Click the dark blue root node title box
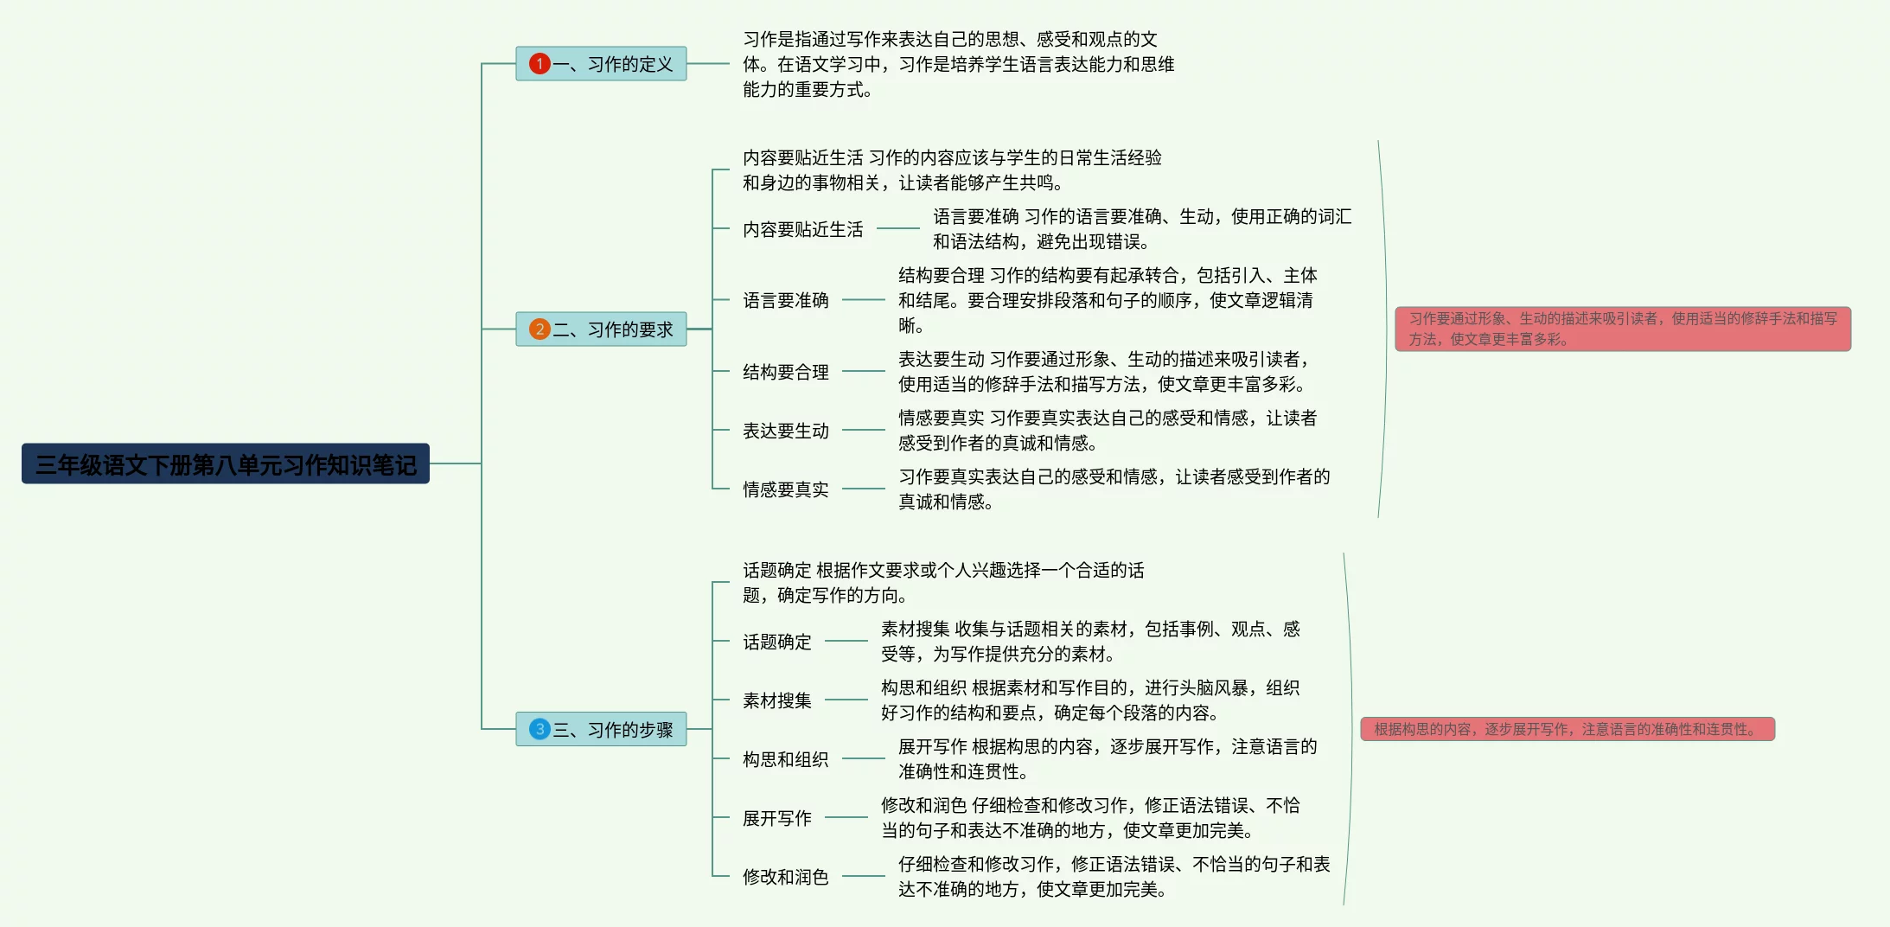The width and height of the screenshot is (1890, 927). pos(225,464)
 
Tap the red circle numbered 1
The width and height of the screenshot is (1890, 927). pos(540,64)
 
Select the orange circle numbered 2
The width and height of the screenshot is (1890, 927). pos(540,329)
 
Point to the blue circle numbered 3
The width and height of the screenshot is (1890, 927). pos(540,729)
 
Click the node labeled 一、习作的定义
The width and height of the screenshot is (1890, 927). pos(612,64)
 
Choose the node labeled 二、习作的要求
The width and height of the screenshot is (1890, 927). pos(612,329)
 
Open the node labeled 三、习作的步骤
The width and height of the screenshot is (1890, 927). pos(612,729)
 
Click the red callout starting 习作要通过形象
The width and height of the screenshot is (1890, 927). pos(1622,329)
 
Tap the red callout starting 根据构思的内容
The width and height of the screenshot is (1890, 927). pos(1567,729)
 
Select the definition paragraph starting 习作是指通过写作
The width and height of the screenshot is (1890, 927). pos(958,64)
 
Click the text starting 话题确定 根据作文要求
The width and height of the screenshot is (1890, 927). pos(942,582)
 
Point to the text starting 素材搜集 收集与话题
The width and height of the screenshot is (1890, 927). pos(1089,641)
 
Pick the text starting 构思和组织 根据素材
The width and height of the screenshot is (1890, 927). pos(1089,700)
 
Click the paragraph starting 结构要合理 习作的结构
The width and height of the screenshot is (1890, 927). pos(1107,300)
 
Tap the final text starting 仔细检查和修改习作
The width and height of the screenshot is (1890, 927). pos(1114,876)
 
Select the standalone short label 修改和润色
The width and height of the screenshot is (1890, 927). pos(785,877)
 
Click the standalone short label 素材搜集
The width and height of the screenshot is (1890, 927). pos(776,700)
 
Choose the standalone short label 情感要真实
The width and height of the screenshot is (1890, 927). pos(785,489)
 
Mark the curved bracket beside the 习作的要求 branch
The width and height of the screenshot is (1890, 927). pos(1384,329)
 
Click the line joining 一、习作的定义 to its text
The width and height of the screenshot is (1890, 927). pos(708,64)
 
